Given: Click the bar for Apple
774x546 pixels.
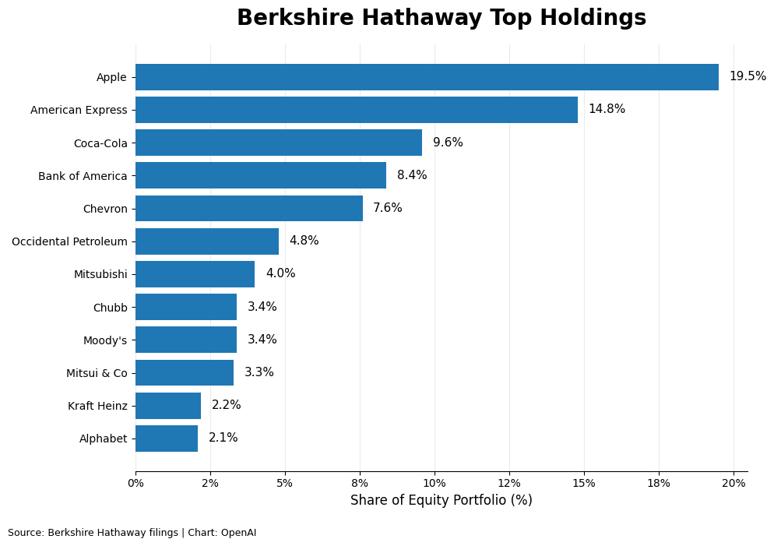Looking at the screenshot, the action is [427, 77].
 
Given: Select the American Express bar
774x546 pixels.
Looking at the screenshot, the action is [357, 110].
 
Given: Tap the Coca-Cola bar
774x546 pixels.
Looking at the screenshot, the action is [279, 143].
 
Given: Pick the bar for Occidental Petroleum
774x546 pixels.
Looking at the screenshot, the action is [207, 241].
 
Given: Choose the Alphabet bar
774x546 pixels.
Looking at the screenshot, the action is [167, 439].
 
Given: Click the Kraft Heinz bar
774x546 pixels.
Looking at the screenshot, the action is [168, 406].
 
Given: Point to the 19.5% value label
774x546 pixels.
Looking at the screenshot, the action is [748, 76].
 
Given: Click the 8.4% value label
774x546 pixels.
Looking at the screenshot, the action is [412, 174].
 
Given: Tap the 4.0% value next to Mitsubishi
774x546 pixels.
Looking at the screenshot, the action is [281, 273].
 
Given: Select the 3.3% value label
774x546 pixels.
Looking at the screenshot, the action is [259, 372].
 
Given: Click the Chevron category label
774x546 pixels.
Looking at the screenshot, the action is [105, 209].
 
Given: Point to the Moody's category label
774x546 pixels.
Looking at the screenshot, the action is [105, 340].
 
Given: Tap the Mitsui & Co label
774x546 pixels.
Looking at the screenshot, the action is [97, 373].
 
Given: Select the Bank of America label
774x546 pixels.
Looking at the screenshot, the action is [83, 176].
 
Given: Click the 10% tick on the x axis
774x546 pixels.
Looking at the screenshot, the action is [434, 484].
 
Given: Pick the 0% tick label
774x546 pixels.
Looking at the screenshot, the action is [135, 484].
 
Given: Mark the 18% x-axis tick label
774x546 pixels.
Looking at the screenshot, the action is [659, 484].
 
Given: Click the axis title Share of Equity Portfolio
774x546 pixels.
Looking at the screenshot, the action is [442, 500].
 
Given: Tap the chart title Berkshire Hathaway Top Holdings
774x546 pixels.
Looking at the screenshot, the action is [442, 17].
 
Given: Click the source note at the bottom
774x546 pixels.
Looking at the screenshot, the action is [132, 533].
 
